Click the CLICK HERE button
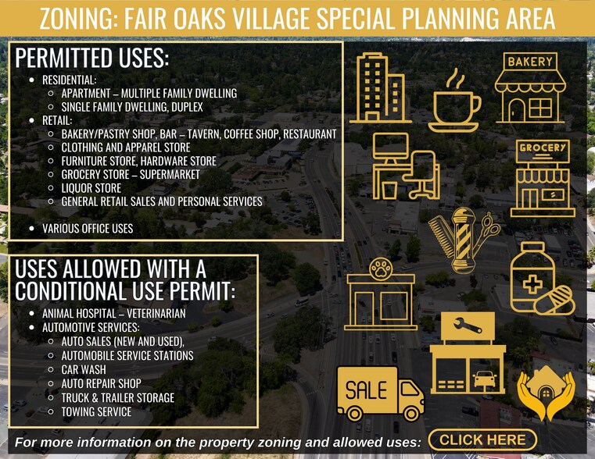(482, 440)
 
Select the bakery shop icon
(529, 88)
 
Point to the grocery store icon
(543, 179)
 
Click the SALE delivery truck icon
(379, 393)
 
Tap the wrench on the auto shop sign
(468, 324)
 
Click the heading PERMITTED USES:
(92, 59)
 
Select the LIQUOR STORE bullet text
(91, 188)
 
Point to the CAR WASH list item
(84, 369)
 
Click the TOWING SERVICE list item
(96, 411)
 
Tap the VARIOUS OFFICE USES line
(88, 229)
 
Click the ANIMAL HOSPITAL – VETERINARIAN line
(113, 314)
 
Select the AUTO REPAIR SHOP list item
(101, 383)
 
